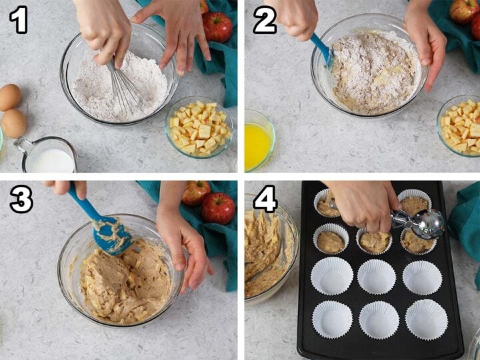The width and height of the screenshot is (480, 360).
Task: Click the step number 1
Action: (19, 19)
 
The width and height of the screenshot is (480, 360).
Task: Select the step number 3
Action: (21, 199)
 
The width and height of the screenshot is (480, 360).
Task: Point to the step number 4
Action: (265, 199)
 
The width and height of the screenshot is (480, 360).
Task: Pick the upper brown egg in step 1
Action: (10, 97)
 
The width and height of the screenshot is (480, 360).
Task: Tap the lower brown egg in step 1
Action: (14, 123)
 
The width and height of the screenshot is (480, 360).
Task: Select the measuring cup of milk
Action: (46, 155)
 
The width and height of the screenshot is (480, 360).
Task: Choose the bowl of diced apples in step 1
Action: (199, 127)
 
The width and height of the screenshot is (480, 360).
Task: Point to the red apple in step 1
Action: (217, 27)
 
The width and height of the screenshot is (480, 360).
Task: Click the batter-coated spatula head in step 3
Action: (112, 236)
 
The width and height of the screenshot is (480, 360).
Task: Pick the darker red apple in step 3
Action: (218, 208)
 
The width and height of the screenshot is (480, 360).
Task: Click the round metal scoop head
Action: (428, 223)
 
